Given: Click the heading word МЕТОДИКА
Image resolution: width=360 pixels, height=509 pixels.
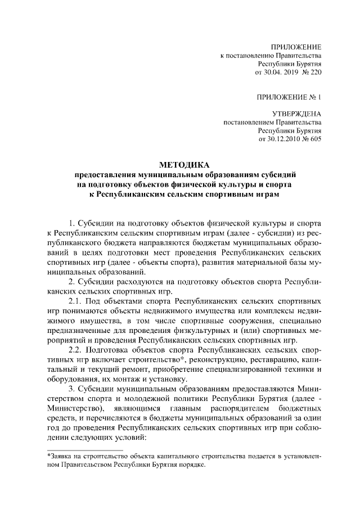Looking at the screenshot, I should (183, 165).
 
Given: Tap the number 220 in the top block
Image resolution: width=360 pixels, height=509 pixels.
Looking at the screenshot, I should (316, 73).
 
